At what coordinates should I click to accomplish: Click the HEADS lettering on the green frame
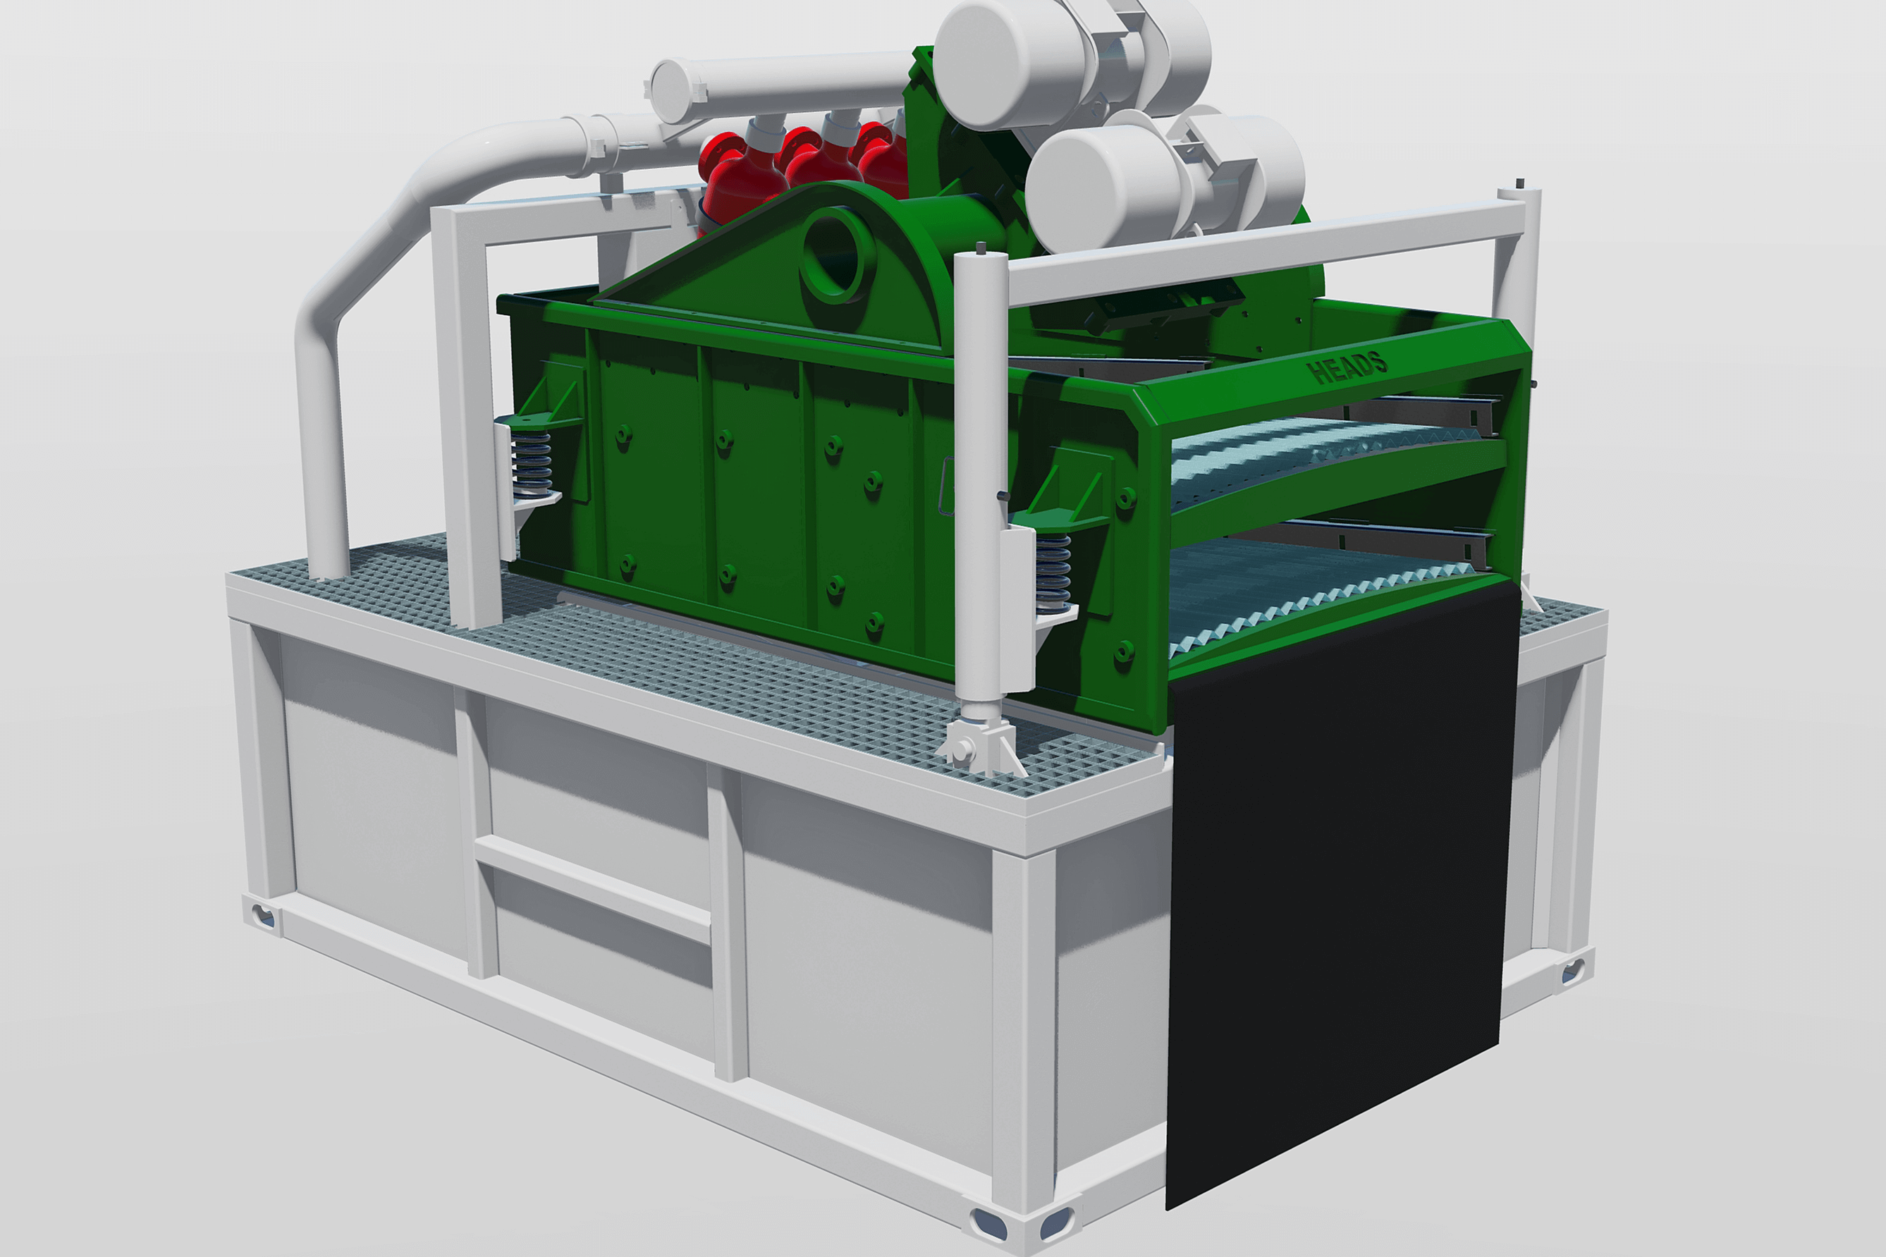coord(1347,367)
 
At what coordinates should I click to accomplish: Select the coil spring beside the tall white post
coord(1053,571)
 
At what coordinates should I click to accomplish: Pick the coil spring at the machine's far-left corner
coord(532,462)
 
